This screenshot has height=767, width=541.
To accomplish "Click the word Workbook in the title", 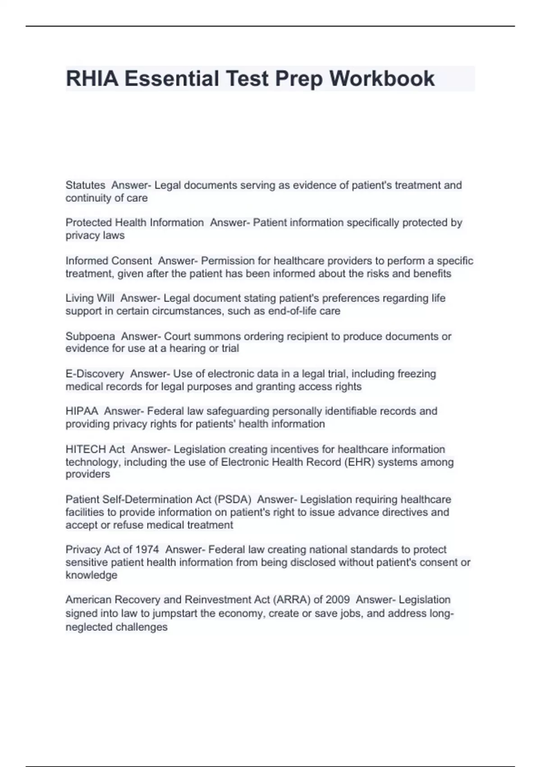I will pyautogui.click(x=382, y=79).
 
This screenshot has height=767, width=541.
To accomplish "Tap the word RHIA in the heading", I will pyautogui.click(x=92, y=79).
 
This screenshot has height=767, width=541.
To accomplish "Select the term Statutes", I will pyautogui.click(x=85, y=185).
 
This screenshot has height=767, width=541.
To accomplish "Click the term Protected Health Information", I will pyautogui.click(x=134, y=222).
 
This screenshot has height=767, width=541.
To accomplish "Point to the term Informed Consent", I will pyautogui.click(x=109, y=261).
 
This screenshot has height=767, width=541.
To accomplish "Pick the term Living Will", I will pyautogui.click(x=90, y=298).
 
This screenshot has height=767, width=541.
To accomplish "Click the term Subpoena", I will pyautogui.click(x=90, y=336).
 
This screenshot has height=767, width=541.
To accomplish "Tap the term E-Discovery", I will pyautogui.click(x=95, y=374).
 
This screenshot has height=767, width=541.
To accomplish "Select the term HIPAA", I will pyautogui.click(x=82, y=411).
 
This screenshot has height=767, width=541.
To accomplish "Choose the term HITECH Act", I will pyautogui.click(x=95, y=449).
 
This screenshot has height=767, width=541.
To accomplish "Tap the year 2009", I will pyautogui.click(x=337, y=600).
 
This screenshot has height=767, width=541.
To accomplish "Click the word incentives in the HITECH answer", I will pyautogui.click(x=310, y=449).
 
